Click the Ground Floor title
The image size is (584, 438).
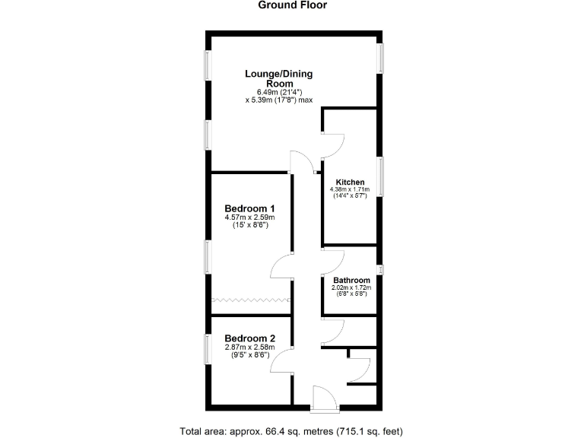292,5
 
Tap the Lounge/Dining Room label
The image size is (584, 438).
278,78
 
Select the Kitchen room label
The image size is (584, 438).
350,182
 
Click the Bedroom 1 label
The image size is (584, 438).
249,208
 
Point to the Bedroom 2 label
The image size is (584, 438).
249,339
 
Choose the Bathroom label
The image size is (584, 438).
351,281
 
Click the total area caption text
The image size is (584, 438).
292,431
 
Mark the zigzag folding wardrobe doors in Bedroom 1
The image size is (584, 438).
250,300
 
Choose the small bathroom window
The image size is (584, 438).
382,268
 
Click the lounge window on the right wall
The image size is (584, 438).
382,59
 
